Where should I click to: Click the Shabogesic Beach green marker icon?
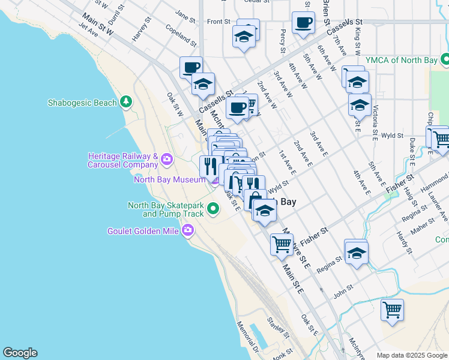tap(125, 102)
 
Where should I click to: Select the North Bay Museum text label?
tap(169, 179)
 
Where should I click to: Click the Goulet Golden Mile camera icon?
tap(188, 230)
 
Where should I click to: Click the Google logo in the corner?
tap(20, 353)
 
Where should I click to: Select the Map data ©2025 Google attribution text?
tap(411, 355)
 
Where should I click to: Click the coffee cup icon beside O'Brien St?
tap(303, 22)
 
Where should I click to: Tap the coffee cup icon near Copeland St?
tap(191, 67)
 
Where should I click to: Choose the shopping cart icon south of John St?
tap(392, 310)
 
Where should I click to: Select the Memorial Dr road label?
tap(247, 341)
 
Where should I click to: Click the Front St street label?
tap(218, 22)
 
